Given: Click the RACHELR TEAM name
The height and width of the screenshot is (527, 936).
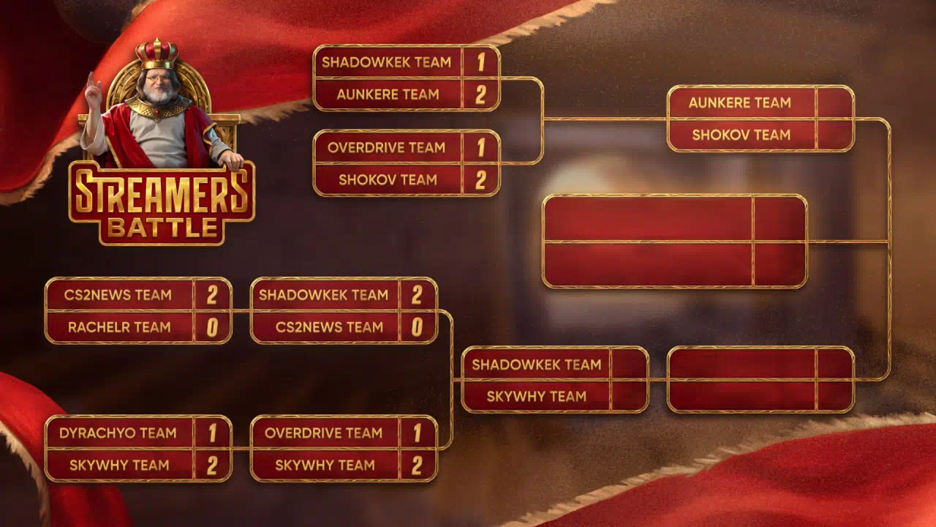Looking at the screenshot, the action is pyautogui.click(x=119, y=327).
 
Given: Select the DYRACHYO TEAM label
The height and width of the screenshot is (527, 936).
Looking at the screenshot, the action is pyautogui.click(x=118, y=433).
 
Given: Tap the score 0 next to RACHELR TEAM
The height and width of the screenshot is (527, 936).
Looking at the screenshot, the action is pyautogui.click(x=212, y=327).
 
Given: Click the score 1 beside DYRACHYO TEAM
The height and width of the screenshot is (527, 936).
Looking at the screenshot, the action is pyautogui.click(x=213, y=433).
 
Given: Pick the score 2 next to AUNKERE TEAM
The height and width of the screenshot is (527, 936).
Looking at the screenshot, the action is pyautogui.click(x=481, y=94).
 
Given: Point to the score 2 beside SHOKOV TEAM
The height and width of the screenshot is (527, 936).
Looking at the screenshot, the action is pyautogui.click(x=481, y=180).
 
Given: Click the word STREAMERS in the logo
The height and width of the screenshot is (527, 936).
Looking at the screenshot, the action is pyautogui.click(x=162, y=193).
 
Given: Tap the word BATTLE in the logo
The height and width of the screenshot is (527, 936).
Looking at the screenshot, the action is pyautogui.click(x=162, y=228).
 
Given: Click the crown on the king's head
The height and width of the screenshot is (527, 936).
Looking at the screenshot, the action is pyautogui.click(x=156, y=53).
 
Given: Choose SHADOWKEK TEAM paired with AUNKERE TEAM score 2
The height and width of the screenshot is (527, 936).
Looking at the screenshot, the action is pyautogui.click(x=387, y=62).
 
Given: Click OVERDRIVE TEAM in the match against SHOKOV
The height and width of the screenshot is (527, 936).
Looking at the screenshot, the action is pyautogui.click(x=387, y=148).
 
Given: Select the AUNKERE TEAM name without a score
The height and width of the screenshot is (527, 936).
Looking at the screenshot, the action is pyautogui.click(x=739, y=103).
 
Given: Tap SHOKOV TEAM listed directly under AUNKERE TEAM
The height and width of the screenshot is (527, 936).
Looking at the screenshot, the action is pyautogui.click(x=741, y=135).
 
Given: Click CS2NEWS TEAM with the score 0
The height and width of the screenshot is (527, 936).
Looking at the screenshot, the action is pyautogui.click(x=329, y=327).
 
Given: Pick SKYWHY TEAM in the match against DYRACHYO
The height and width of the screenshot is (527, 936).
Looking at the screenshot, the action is pyautogui.click(x=119, y=465).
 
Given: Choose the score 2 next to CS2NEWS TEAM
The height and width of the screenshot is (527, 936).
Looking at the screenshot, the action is pyautogui.click(x=212, y=295).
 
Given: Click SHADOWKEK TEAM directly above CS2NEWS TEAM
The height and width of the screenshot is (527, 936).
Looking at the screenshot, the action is pyautogui.click(x=323, y=295).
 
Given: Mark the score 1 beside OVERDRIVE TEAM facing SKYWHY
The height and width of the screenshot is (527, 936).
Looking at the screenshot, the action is pyautogui.click(x=418, y=433).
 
